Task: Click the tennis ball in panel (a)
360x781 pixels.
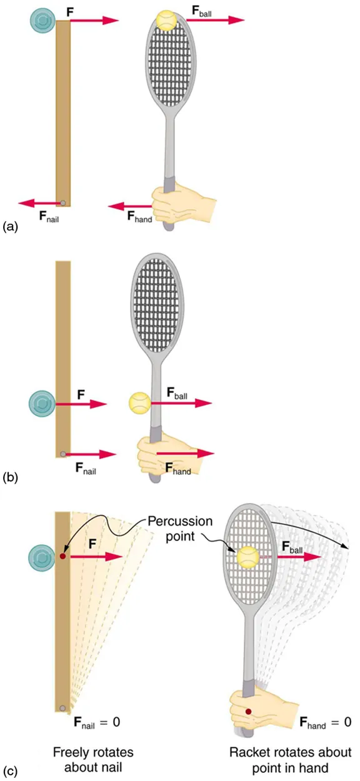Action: [x=167, y=21]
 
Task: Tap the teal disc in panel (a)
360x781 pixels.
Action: [x=42, y=21]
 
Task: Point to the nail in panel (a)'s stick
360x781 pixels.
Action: [x=63, y=202]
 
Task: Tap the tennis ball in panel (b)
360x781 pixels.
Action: [x=138, y=403]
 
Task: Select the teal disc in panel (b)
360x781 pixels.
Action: [x=42, y=404]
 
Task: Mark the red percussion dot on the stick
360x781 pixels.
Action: [x=62, y=555]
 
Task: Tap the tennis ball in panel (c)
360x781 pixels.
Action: [x=247, y=557]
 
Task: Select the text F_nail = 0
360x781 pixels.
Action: [x=93, y=722]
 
